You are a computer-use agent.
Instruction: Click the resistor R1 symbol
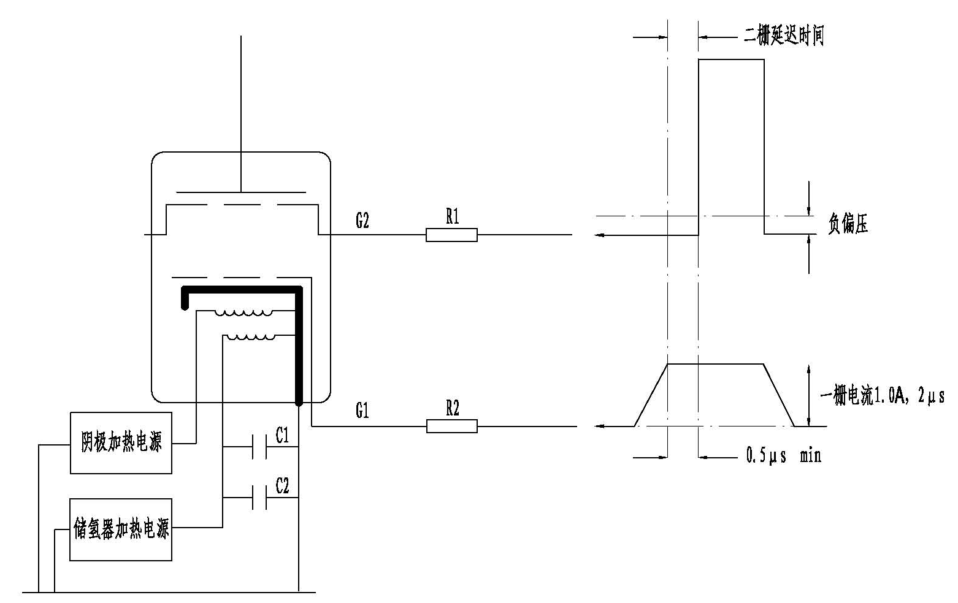451,235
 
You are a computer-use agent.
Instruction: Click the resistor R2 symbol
451,426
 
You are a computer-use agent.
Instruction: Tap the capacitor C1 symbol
259,447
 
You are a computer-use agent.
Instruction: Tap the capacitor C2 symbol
259,498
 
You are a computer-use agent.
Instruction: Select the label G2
362,221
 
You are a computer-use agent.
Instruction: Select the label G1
362,411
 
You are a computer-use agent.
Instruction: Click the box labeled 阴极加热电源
121,442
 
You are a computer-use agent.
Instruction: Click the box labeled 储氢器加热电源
121,529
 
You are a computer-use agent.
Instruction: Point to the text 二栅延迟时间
783,36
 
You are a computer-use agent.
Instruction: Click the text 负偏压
848,226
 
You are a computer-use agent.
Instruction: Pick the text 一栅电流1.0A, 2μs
882,397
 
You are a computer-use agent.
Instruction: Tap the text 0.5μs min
783,455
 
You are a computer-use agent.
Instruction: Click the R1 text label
452,216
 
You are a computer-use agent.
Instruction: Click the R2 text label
452,409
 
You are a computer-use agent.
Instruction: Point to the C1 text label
282,436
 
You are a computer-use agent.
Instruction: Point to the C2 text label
282,487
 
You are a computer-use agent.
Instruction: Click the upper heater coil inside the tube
244,313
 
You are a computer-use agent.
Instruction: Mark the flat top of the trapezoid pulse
715,364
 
